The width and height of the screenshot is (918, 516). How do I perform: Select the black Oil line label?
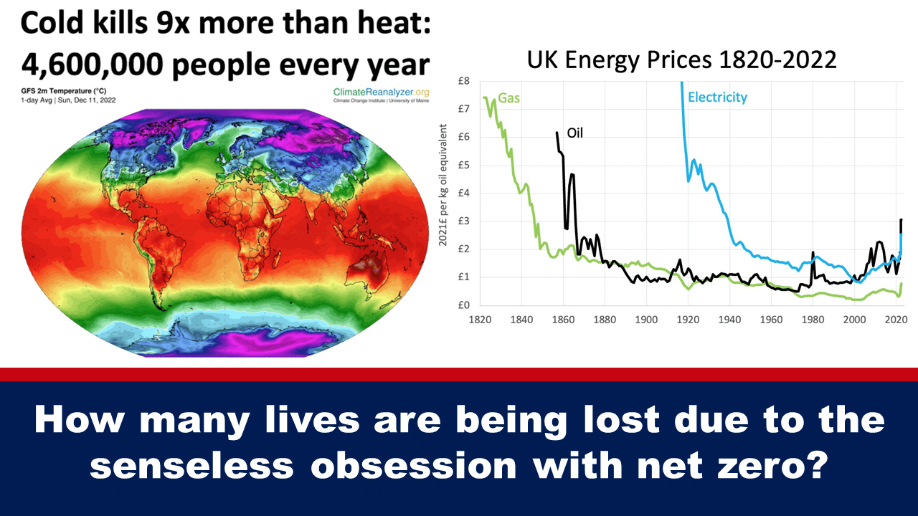click(x=575, y=133)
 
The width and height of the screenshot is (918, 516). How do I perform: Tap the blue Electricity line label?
click(x=717, y=97)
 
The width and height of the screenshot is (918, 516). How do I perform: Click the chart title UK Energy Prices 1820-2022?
click(x=681, y=59)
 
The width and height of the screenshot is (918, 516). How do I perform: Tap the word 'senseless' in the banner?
click(x=192, y=466)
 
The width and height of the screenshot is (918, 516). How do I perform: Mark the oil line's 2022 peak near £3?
click(x=901, y=220)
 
